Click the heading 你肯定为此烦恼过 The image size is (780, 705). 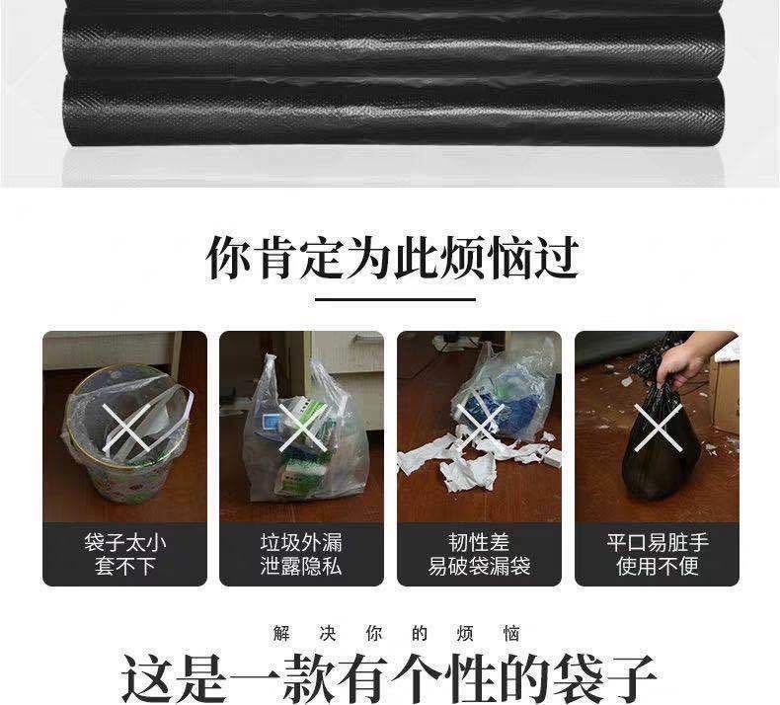392,258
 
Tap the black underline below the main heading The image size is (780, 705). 396,299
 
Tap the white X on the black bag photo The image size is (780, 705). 659,428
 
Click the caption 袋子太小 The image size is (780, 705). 124,542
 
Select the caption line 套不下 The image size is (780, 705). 124,566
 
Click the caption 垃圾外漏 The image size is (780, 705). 301,542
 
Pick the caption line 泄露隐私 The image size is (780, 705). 301,566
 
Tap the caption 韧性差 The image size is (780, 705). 479,542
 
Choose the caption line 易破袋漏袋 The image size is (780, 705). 479,566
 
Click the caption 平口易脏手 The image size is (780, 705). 658,542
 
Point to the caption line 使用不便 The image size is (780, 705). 658,566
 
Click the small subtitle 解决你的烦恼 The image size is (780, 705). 396,633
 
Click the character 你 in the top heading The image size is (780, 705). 228,258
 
